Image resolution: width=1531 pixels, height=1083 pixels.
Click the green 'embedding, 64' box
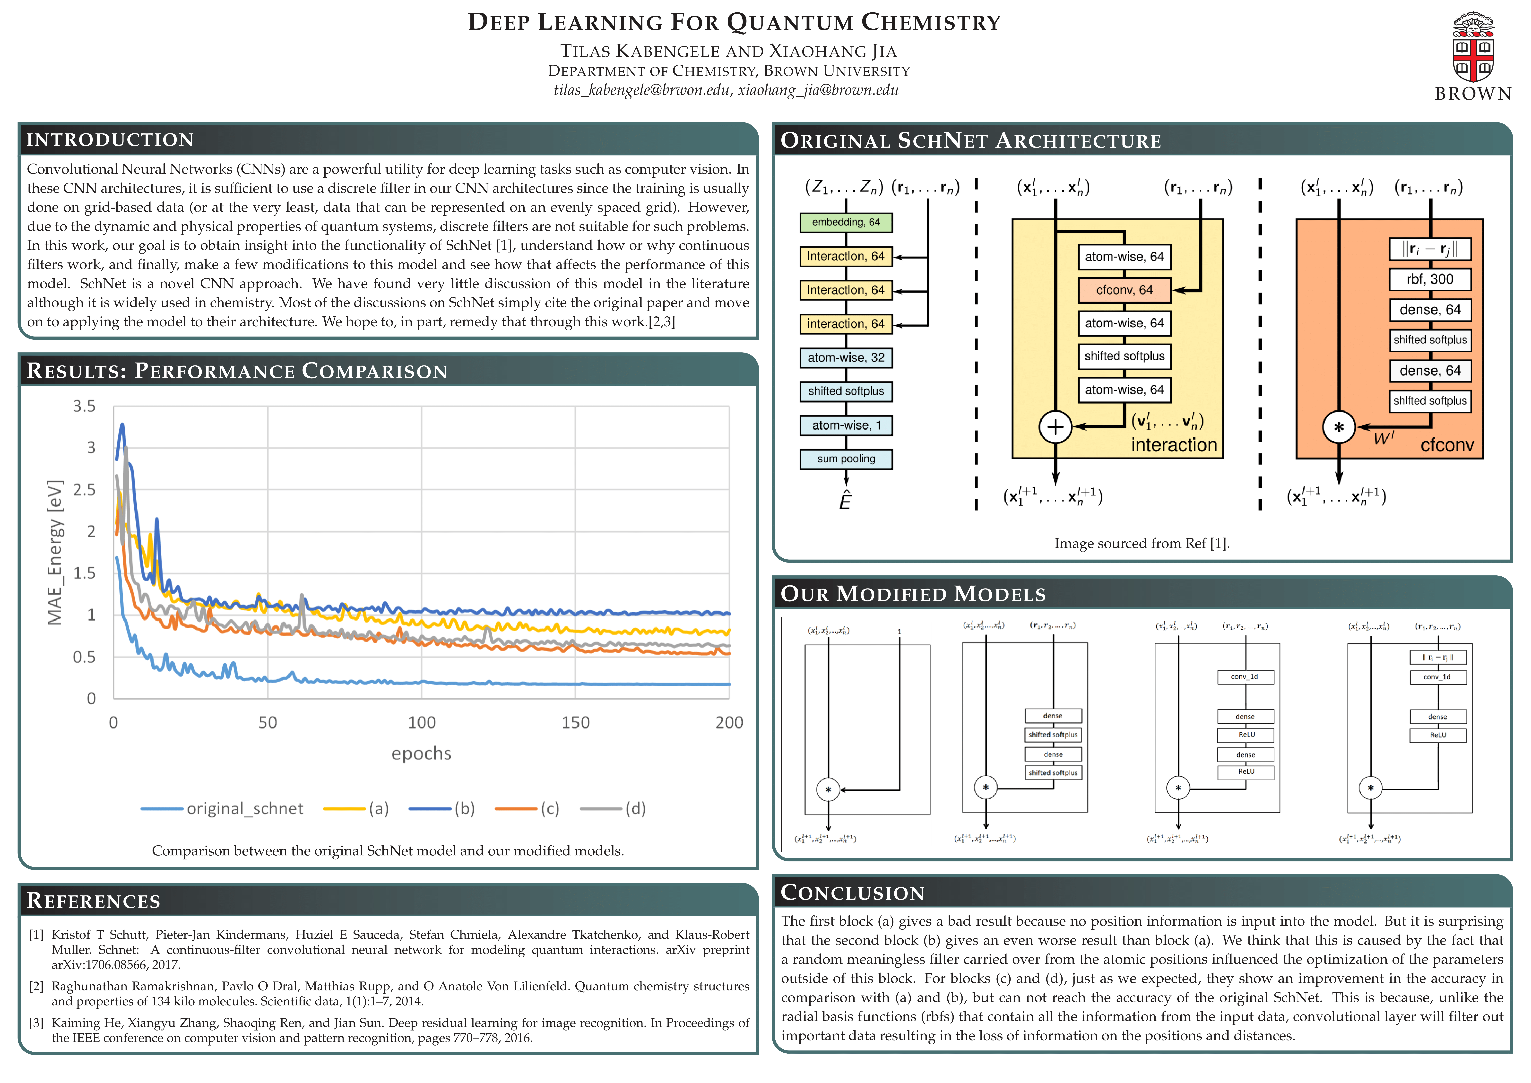pyautogui.click(x=846, y=222)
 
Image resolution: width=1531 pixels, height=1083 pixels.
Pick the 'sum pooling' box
pyautogui.click(x=846, y=459)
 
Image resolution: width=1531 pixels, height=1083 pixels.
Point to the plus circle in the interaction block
pyautogui.click(x=1055, y=427)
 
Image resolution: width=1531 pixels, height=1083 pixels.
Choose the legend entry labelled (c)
pyautogui.click(x=527, y=809)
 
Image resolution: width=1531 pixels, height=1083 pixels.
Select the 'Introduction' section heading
pyautogui.click(x=110, y=139)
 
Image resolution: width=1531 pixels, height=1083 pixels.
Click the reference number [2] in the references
pyautogui.click(x=36, y=986)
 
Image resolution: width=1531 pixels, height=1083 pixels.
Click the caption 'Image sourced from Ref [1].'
pyautogui.click(x=1142, y=544)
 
